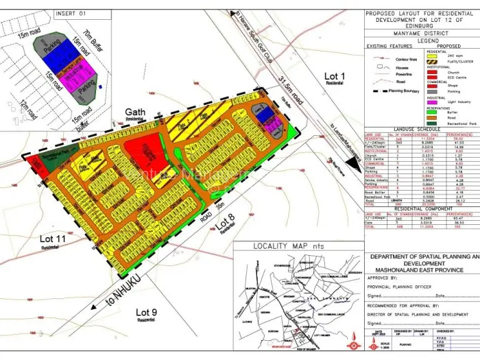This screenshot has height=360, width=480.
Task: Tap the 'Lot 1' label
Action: [x=334, y=76]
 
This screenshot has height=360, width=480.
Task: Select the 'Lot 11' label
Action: [x=52, y=238]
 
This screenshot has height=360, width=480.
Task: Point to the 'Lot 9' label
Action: [x=145, y=313]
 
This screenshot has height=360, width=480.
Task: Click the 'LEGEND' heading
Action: [x=422, y=40]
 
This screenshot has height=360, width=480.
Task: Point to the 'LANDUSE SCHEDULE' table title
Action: [x=420, y=129]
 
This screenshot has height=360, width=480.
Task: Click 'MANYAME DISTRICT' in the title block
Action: [x=420, y=33]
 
